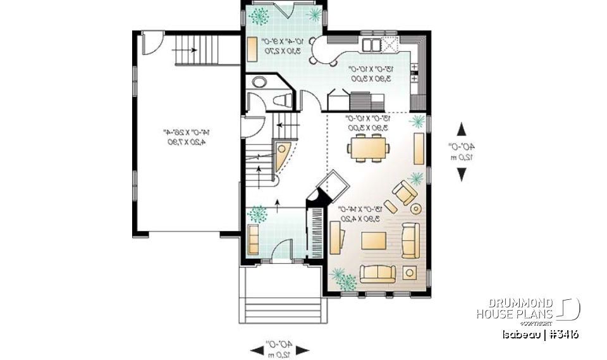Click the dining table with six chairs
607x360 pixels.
[368, 149]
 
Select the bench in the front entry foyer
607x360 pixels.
[253, 238]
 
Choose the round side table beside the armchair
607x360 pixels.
[415, 208]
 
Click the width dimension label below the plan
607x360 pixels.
[279, 349]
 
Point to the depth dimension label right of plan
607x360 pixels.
[462, 152]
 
